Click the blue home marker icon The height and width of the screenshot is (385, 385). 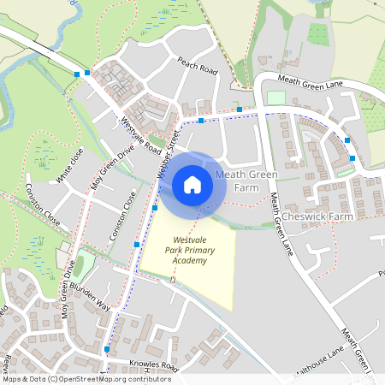point(192,184)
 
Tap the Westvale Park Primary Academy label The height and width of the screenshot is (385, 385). point(187,250)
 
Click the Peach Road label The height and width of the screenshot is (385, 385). point(198,65)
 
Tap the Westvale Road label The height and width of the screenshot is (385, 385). point(141,135)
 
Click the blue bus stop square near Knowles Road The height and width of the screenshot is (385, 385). point(106,349)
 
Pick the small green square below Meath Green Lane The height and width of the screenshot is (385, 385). point(275,98)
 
